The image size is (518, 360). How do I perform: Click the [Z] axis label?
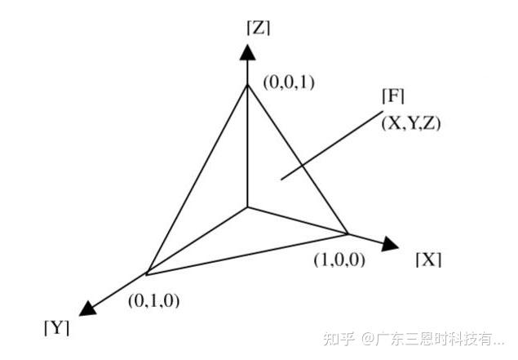[x=258, y=27]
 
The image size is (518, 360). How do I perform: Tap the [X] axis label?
[x=428, y=260]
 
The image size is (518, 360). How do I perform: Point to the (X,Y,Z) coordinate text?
[x=411, y=124]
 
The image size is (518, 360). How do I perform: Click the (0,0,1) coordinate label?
[x=290, y=82]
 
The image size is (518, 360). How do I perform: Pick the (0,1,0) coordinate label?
[x=153, y=300]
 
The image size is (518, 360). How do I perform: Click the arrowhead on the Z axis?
[x=247, y=51]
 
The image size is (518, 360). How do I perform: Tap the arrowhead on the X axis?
[x=389, y=242]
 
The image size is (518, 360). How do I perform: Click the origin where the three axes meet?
[x=247, y=207]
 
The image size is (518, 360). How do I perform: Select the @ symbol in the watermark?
[x=368, y=337]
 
